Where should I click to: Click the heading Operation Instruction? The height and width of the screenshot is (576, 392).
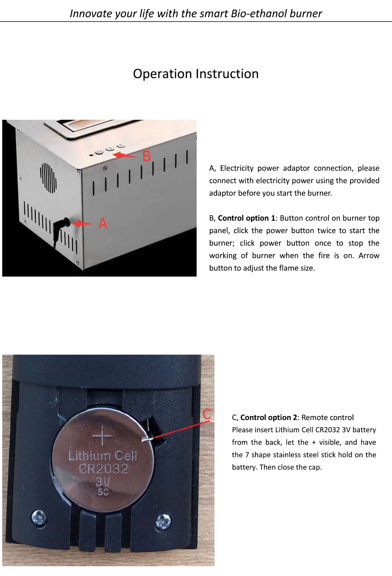(x=196, y=74)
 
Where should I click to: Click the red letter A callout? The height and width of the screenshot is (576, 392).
(x=103, y=223)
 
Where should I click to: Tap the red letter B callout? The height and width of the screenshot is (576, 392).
(x=147, y=156)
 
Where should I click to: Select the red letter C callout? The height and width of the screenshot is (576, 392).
(x=207, y=414)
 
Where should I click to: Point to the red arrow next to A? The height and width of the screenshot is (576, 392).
(x=82, y=223)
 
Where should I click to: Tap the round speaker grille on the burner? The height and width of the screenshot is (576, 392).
(x=48, y=177)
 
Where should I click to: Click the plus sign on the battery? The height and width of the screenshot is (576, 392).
(x=102, y=435)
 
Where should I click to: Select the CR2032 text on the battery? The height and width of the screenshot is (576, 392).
(x=103, y=468)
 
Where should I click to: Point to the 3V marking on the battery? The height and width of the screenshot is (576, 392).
(x=103, y=481)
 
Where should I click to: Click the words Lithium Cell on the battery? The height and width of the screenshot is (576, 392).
(x=103, y=455)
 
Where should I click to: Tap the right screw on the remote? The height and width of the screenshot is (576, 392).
(x=163, y=521)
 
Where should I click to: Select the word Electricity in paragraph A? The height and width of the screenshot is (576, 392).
(x=236, y=168)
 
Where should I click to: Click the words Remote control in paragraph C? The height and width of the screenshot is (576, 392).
(x=327, y=417)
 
